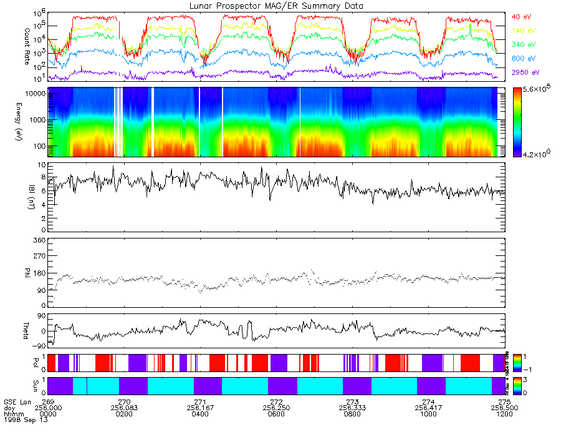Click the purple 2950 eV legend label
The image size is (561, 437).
tap(524, 72)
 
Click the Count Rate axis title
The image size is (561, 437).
tap(27, 41)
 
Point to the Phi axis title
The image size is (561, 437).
tap(27, 272)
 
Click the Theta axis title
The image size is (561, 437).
tap(27, 331)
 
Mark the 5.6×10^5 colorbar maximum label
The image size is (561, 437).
tap(534, 90)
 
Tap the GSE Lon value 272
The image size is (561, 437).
tap(276, 401)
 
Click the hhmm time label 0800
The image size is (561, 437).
tap(352, 414)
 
